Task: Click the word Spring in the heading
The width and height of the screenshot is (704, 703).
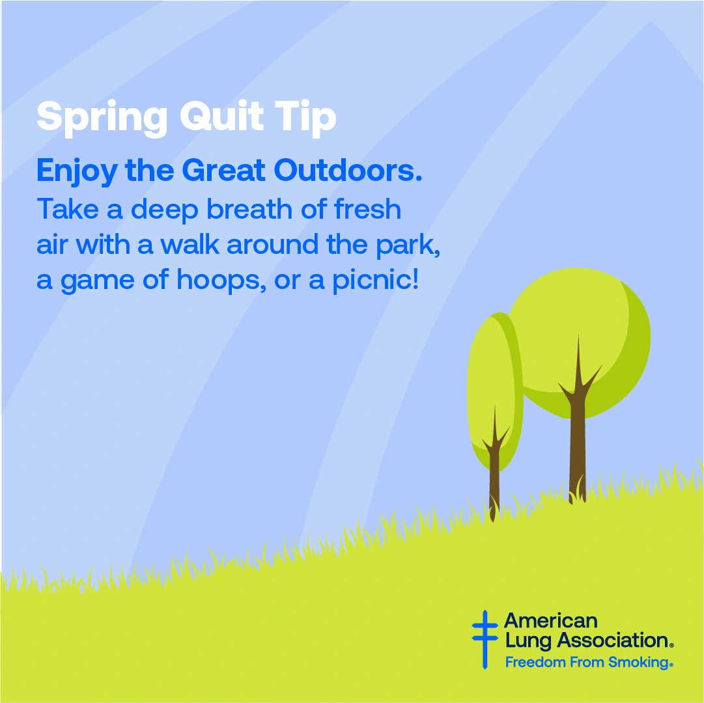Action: [x=102, y=118]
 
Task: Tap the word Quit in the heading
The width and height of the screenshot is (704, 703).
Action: [x=222, y=117]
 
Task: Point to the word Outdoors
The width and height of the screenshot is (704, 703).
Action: [x=348, y=170]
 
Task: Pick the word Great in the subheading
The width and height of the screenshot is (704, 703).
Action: [x=223, y=170]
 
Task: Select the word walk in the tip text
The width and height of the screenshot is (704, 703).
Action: [x=190, y=244]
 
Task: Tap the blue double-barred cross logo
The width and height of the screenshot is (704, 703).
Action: [x=485, y=639]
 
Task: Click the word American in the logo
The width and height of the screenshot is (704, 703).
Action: [x=550, y=621]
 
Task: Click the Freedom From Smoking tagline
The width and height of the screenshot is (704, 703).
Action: [x=589, y=662]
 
